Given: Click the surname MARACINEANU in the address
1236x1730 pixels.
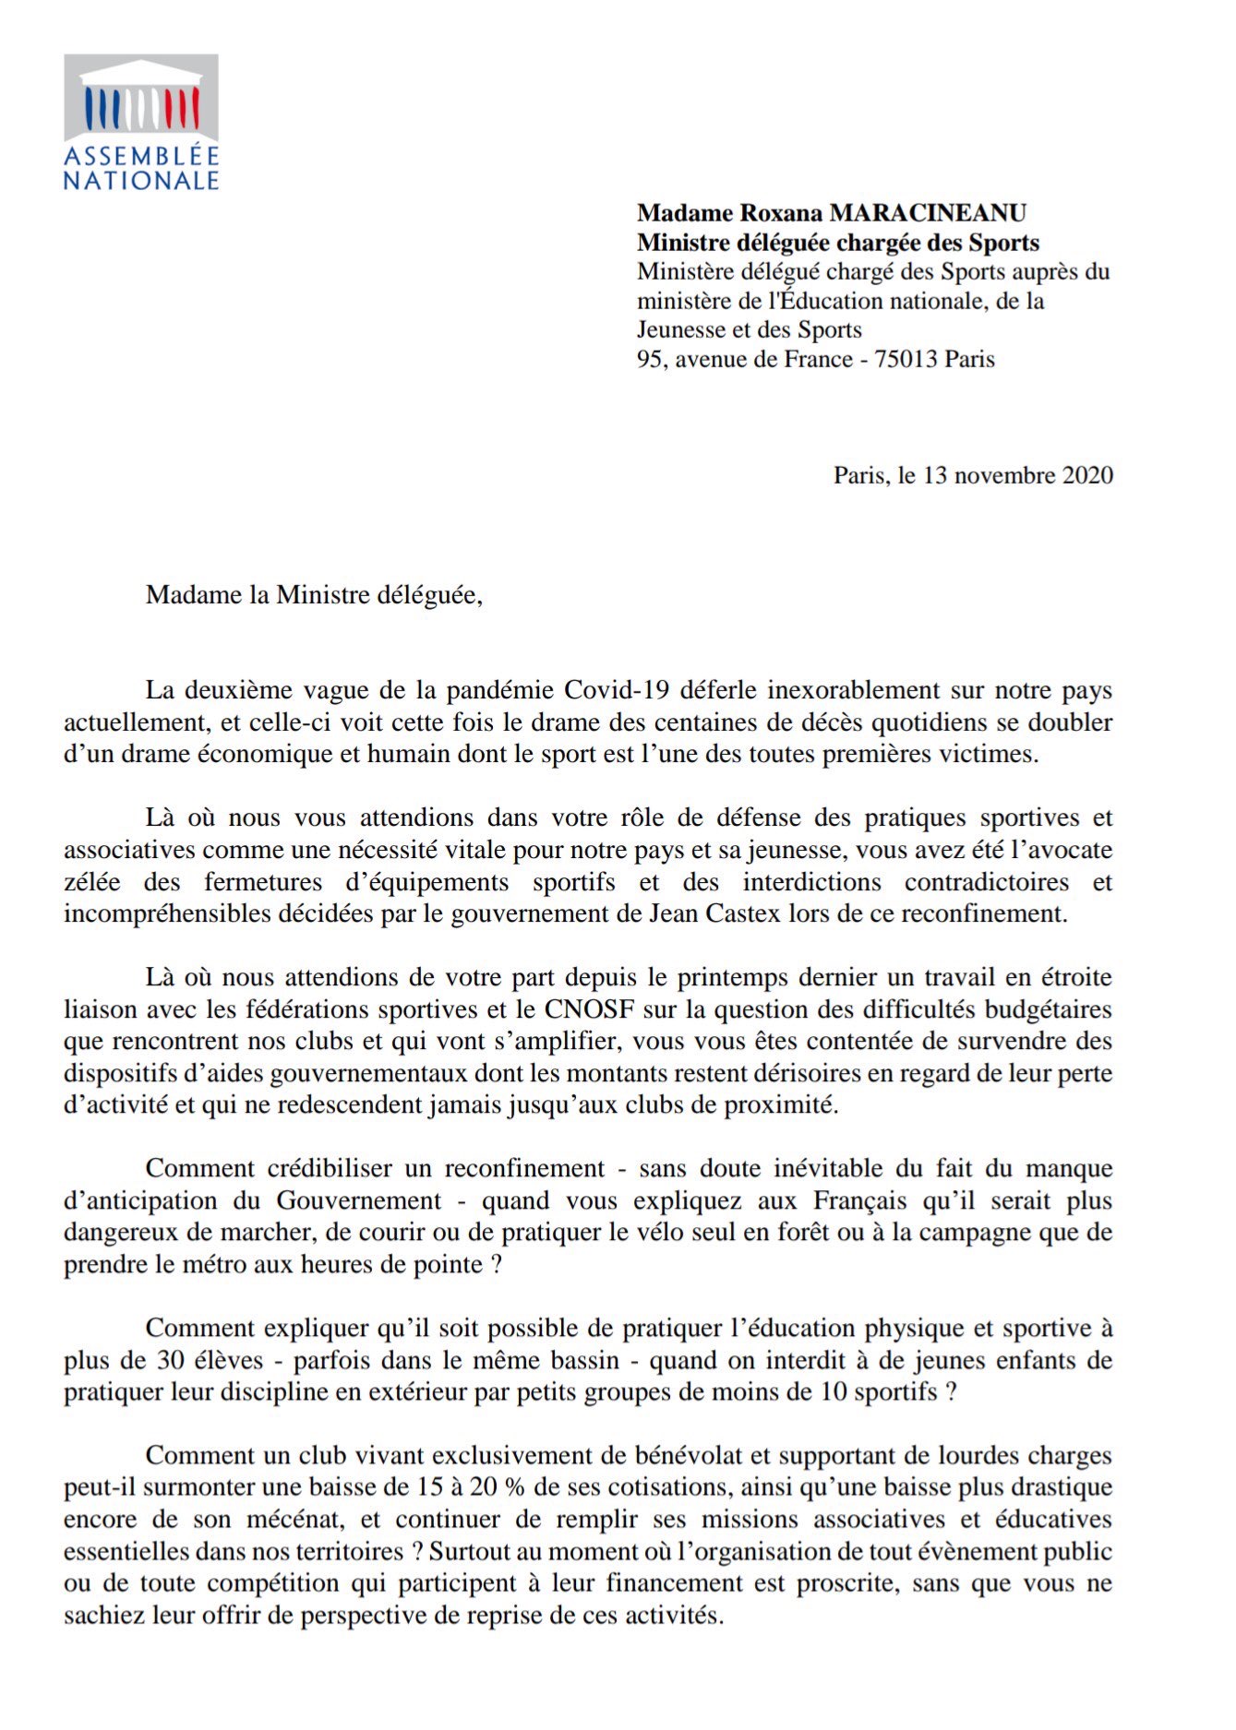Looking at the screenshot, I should pos(928,213).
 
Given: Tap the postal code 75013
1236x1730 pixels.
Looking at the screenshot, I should pos(906,359).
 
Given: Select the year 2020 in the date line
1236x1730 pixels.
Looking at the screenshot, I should pos(1087,475).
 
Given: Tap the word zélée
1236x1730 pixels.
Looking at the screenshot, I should pos(91,882).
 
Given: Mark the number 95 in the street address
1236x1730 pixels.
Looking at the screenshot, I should pos(650,359).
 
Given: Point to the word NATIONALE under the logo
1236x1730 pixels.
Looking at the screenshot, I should pos(140,180).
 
